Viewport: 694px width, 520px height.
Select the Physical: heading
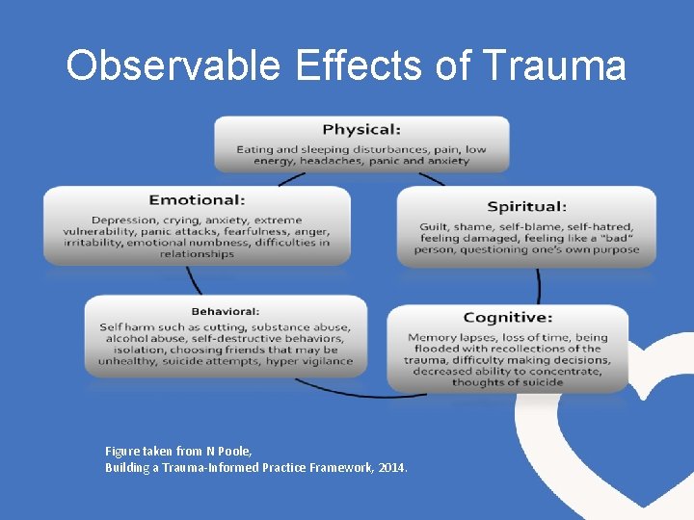point(361,129)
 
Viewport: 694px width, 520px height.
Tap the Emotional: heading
point(197,199)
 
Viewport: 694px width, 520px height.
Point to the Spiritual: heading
point(526,206)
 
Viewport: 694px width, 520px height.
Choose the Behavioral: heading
point(225,311)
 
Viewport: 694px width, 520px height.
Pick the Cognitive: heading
point(507,317)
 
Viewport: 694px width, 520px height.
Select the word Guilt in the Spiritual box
point(434,227)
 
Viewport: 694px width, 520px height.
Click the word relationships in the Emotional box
point(197,254)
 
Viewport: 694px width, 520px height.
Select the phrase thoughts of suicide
point(507,382)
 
